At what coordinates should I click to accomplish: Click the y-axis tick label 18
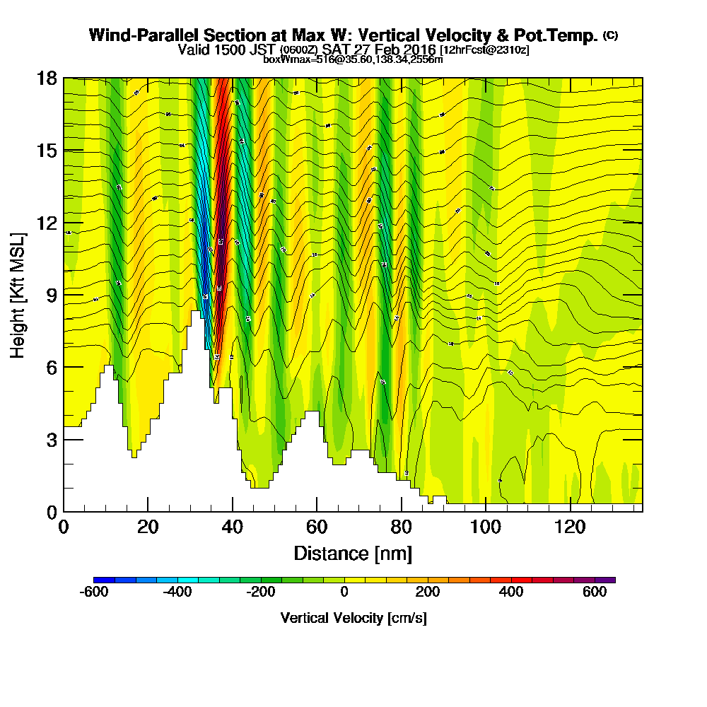coord(46,78)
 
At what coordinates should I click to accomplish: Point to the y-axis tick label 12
coord(46,223)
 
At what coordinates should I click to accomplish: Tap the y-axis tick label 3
coord(50,440)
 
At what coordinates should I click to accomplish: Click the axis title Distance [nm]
coord(353,553)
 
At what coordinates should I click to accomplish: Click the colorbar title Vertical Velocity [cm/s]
coord(353,618)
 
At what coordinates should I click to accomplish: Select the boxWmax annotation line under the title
coord(353,59)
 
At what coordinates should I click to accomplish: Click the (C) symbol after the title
coord(610,35)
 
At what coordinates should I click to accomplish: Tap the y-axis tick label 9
coord(50,295)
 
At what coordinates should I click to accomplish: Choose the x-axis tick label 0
coord(64,527)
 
